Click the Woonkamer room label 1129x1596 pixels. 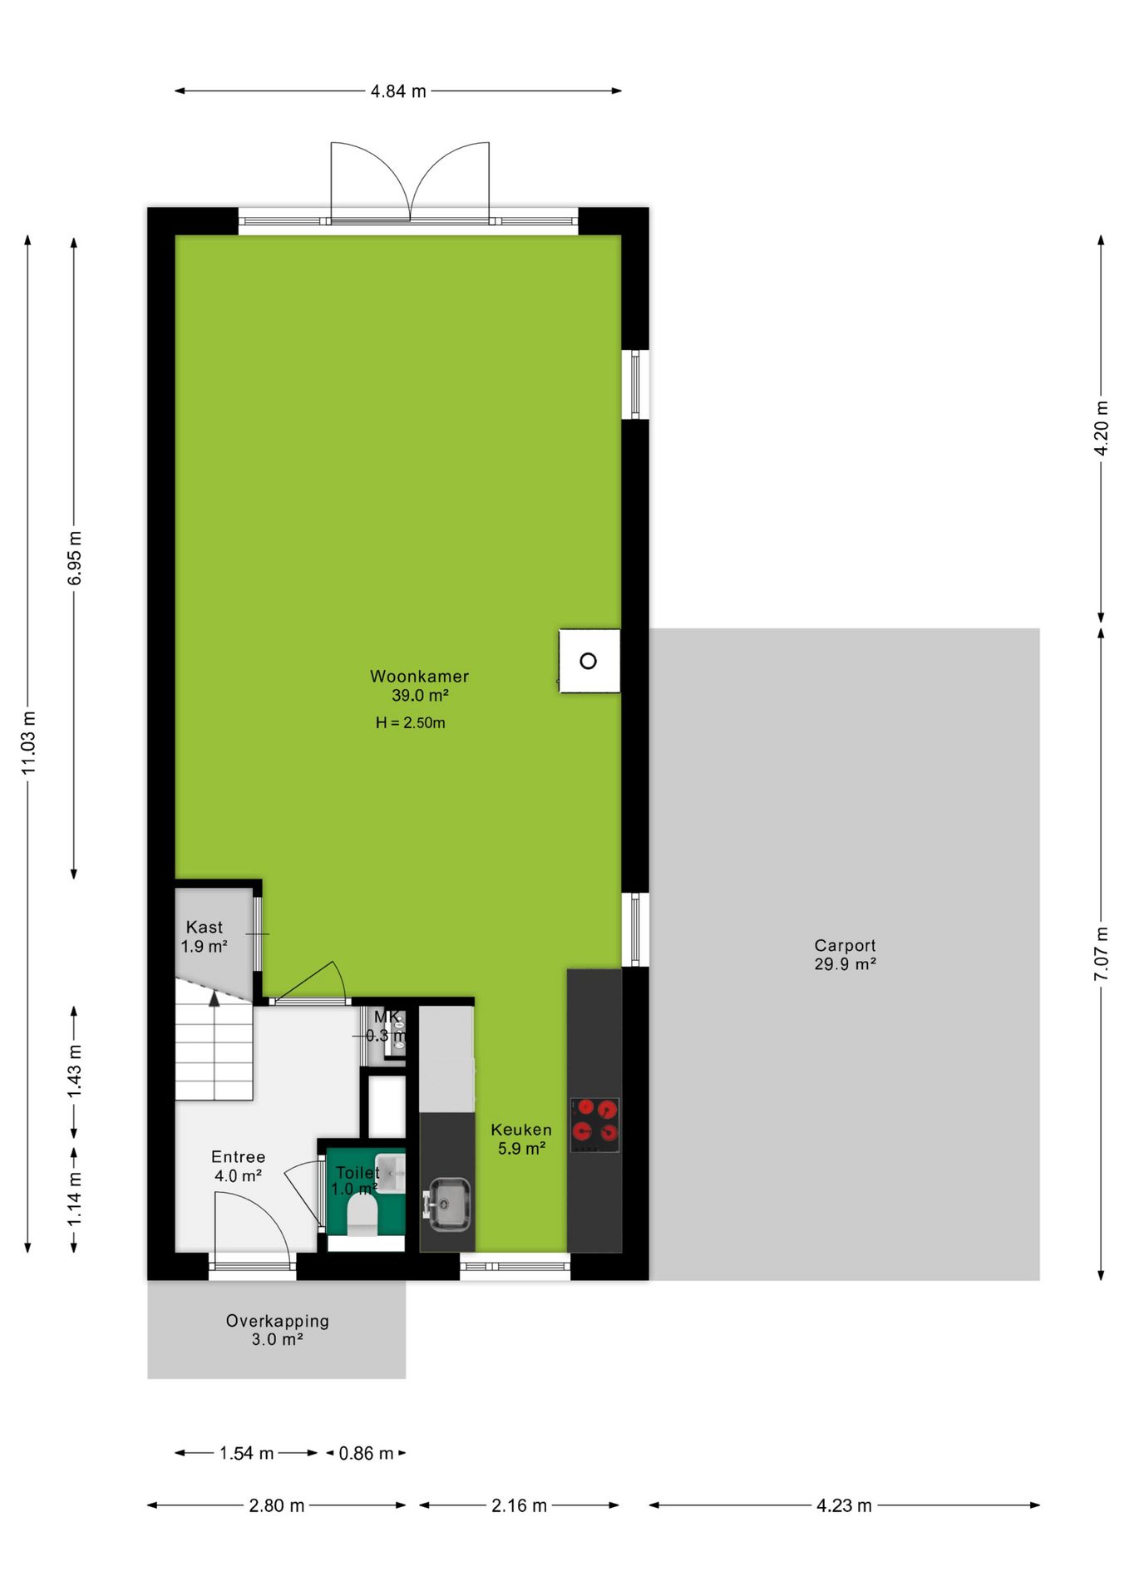pos(419,677)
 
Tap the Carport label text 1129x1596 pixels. pos(845,946)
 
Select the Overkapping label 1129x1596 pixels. pos(278,1321)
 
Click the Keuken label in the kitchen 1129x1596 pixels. pos(521,1130)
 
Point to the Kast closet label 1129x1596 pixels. pos(205,927)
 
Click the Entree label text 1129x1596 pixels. pos(239,1157)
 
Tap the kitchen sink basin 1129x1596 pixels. pos(449,1203)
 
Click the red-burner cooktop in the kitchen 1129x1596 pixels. pos(594,1125)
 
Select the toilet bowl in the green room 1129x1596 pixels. pos(362,1214)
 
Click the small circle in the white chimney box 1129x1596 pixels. pos(588,661)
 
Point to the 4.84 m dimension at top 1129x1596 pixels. pos(398,91)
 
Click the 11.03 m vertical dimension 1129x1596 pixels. pos(29,742)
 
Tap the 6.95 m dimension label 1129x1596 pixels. pos(75,558)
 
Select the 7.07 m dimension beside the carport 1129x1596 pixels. pos(1101,953)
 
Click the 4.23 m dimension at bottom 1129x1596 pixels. pos(844,1505)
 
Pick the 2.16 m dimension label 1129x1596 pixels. pos(519,1505)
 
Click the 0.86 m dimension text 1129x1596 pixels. pos(366,1454)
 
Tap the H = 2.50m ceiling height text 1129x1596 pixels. pos(410,723)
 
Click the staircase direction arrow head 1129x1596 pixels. pos(214,998)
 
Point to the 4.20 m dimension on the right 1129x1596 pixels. pos(1101,428)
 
